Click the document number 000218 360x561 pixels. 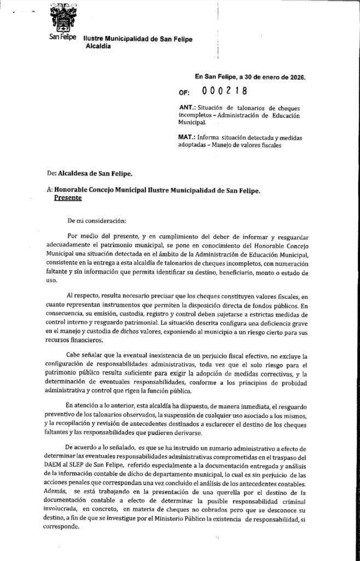pos(225,91)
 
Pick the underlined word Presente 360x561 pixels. pos(67,200)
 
